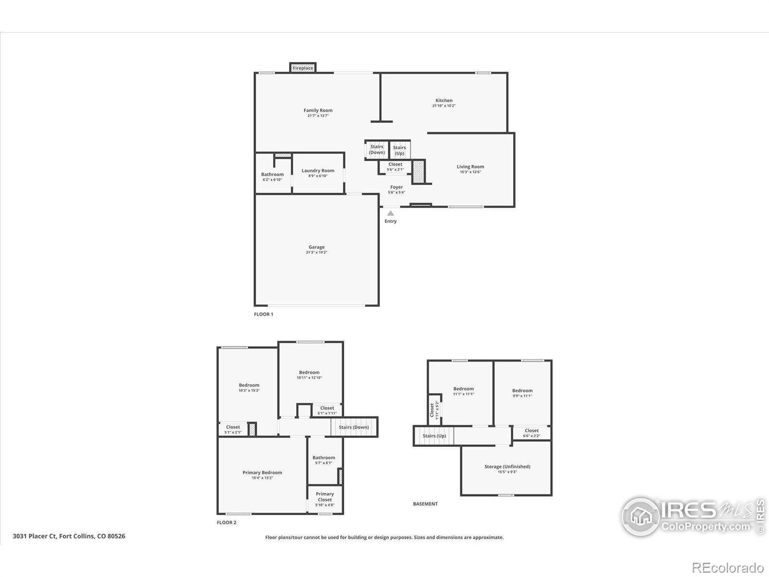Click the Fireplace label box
pyautogui.click(x=303, y=68)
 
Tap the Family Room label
pyautogui.click(x=318, y=111)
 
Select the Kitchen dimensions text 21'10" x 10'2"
pyautogui.click(x=444, y=106)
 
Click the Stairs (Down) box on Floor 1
pyautogui.click(x=377, y=150)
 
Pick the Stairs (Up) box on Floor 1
pyautogui.click(x=399, y=150)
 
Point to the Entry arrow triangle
pyautogui.click(x=391, y=213)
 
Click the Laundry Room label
pyautogui.click(x=318, y=171)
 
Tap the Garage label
pyautogui.click(x=316, y=247)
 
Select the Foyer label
pyautogui.click(x=397, y=187)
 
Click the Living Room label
pyautogui.click(x=470, y=167)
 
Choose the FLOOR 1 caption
pyautogui.click(x=263, y=314)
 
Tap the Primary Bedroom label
pyautogui.click(x=262, y=473)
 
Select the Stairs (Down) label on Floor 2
pyautogui.click(x=354, y=427)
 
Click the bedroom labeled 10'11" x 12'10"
pyautogui.click(x=309, y=375)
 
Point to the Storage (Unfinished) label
pyautogui.click(x=507, y=466)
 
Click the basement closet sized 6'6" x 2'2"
pyautogui.click(x=532, y=433)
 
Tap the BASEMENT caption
pyautogui.click(x=425, y=504)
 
